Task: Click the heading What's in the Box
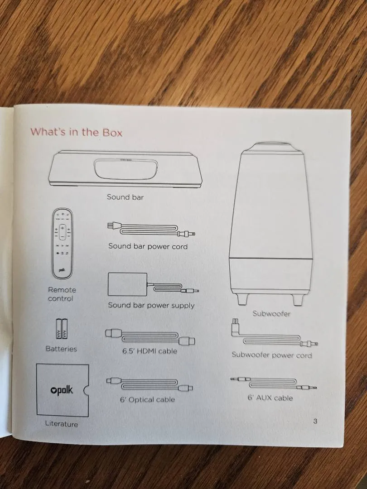tap(77, 132)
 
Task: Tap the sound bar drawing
tap(126, 169)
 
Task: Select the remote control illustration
tap(63, 244)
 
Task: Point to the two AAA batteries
tap(62, 329)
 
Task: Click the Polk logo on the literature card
tap(62, 390)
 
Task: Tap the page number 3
tap(315, 421)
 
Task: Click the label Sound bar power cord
tap(148, 246)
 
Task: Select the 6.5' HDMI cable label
tap(150, 351)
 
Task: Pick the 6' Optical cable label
tap(147, 399)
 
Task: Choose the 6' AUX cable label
tap(270, 398)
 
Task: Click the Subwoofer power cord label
tap(271, 355)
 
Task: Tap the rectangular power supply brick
tap(127, 284)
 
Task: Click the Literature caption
tap(62, 424)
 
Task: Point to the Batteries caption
tap(61, 349)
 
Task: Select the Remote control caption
tap(62, 294)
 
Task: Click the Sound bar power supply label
tap(151, 305)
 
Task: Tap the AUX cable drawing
tap(274, 384)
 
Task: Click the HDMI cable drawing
tap(150, 337)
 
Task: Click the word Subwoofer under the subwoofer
tap(271, 314)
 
